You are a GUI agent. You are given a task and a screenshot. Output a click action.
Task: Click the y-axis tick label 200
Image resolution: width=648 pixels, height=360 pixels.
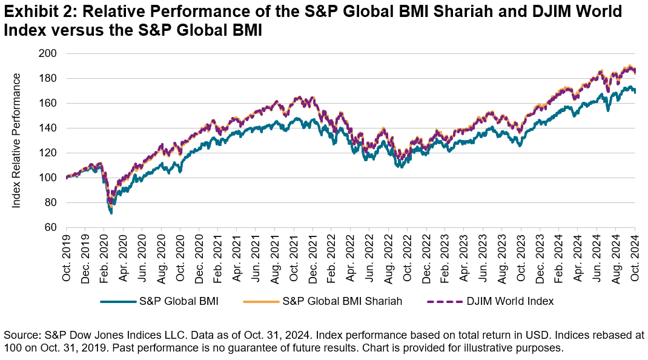click(x=48, y=53)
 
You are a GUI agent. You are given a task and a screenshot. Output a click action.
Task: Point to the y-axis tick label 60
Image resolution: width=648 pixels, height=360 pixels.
click(x=50, y=228)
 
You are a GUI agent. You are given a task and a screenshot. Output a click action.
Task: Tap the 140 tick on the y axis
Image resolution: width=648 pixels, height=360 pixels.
click(x=48, y=128)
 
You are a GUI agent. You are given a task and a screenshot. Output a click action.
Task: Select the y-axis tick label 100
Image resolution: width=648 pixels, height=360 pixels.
click(x=48, y=178)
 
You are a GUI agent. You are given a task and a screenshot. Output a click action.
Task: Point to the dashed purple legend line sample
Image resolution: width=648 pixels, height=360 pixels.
click(x=445, y=301)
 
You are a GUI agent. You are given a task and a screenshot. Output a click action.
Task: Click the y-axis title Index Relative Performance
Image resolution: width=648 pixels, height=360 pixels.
click(x=17, y=141)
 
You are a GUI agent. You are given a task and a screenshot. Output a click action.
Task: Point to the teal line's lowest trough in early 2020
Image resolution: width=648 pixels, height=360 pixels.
click(x=111, y=213)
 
